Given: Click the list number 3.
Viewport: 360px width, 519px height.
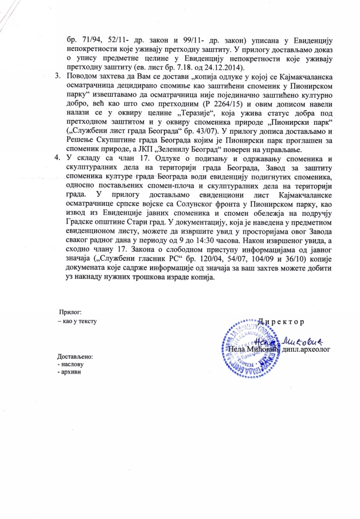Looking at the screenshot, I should (x=57, y=76).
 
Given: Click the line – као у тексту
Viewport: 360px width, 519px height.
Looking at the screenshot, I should (x=77, y=321).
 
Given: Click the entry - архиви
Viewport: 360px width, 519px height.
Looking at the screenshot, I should (x=70, y=373).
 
